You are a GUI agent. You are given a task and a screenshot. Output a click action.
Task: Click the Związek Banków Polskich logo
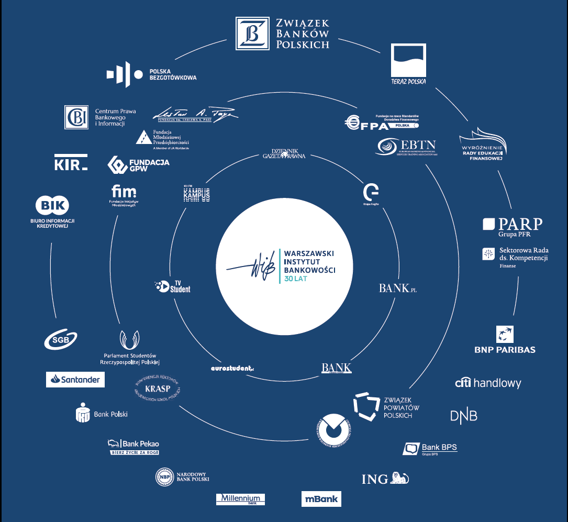283,33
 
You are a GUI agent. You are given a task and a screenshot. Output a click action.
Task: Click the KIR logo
71,164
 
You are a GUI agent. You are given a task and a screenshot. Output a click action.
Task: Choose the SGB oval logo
61,340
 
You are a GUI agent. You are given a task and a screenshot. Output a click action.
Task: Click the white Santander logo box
75,380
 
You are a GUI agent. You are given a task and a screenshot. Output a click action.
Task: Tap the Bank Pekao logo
133,446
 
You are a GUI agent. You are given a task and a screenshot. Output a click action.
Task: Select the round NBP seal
164,477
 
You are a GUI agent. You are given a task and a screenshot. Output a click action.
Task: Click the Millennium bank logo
240,498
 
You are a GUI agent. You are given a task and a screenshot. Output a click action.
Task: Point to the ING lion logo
385,478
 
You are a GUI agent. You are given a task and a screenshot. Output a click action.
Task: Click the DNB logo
464,416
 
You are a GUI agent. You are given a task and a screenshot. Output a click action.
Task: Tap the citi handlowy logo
488,383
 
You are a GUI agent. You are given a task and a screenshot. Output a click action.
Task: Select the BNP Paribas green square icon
505,334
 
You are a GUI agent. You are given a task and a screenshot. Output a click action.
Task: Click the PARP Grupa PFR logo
513,226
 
